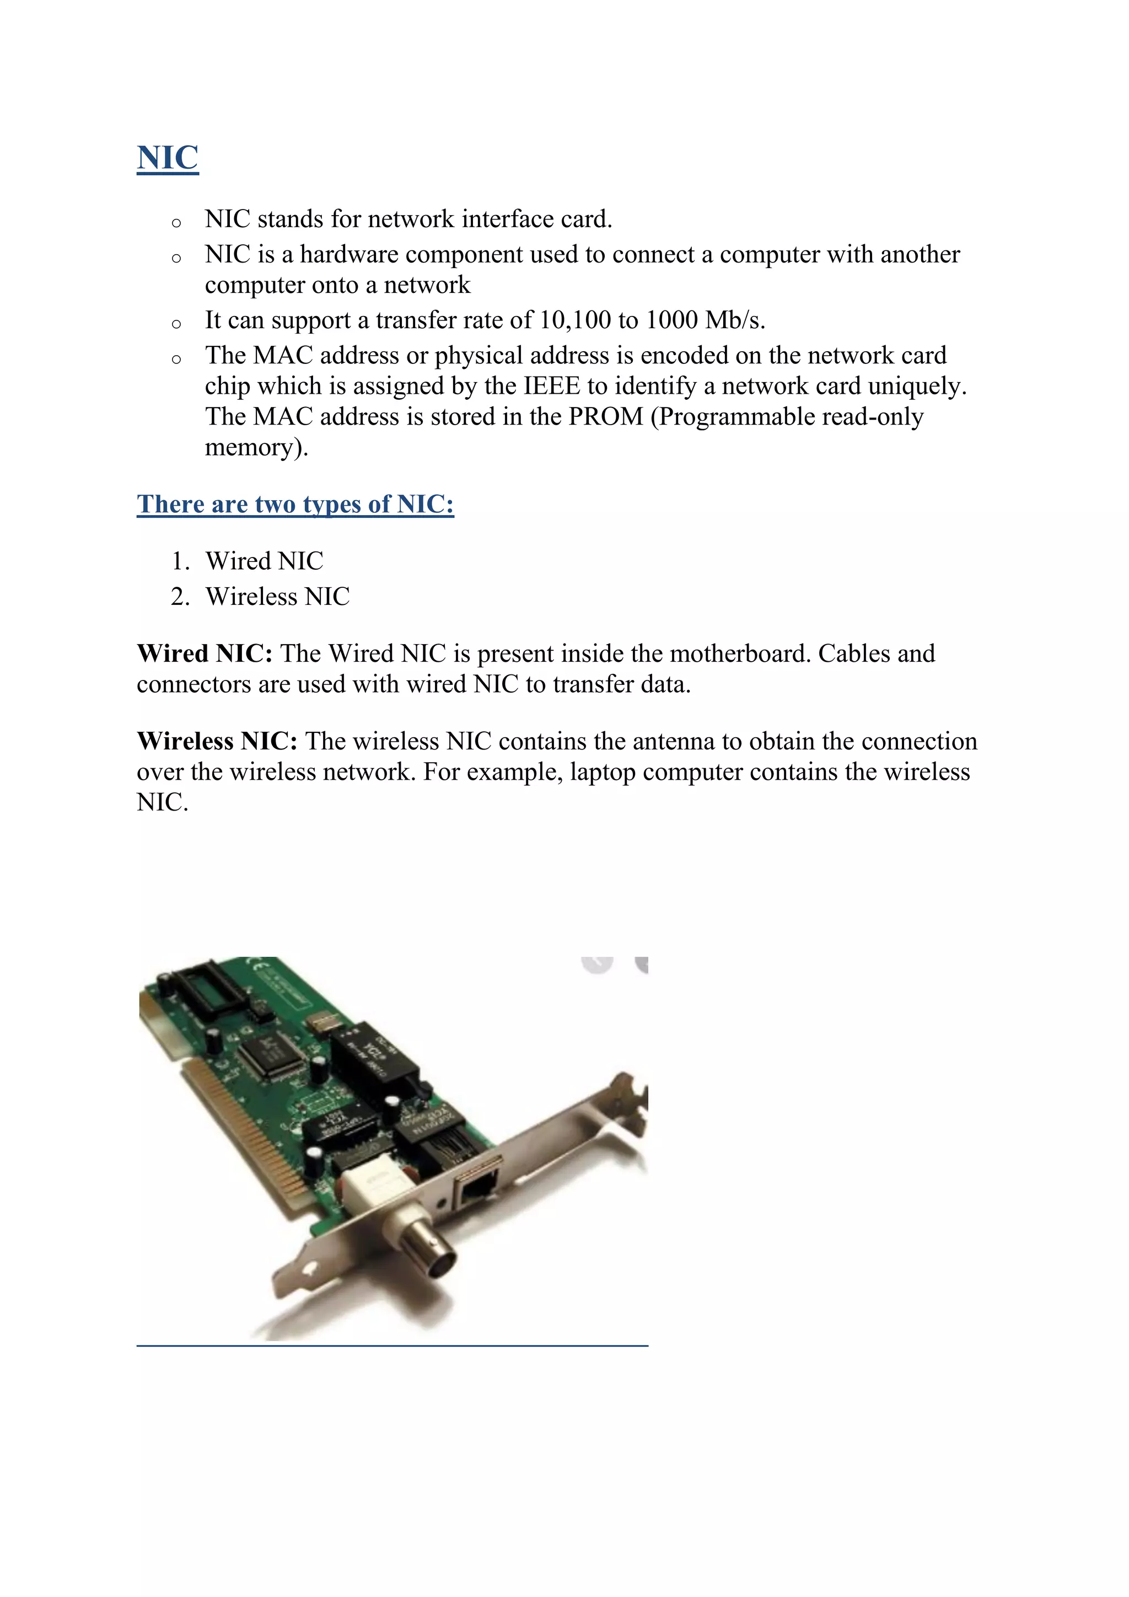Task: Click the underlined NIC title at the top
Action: [x=168, y=158]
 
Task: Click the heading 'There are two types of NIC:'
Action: [x=295, y=503]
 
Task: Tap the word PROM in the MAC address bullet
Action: [x=605, y=417]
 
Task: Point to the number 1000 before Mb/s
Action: [x=671, y=320]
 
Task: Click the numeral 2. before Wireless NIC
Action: [x=180, y=597]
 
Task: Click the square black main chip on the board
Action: [x=272, y=1051]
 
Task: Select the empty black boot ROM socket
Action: [x=208, y=988]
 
